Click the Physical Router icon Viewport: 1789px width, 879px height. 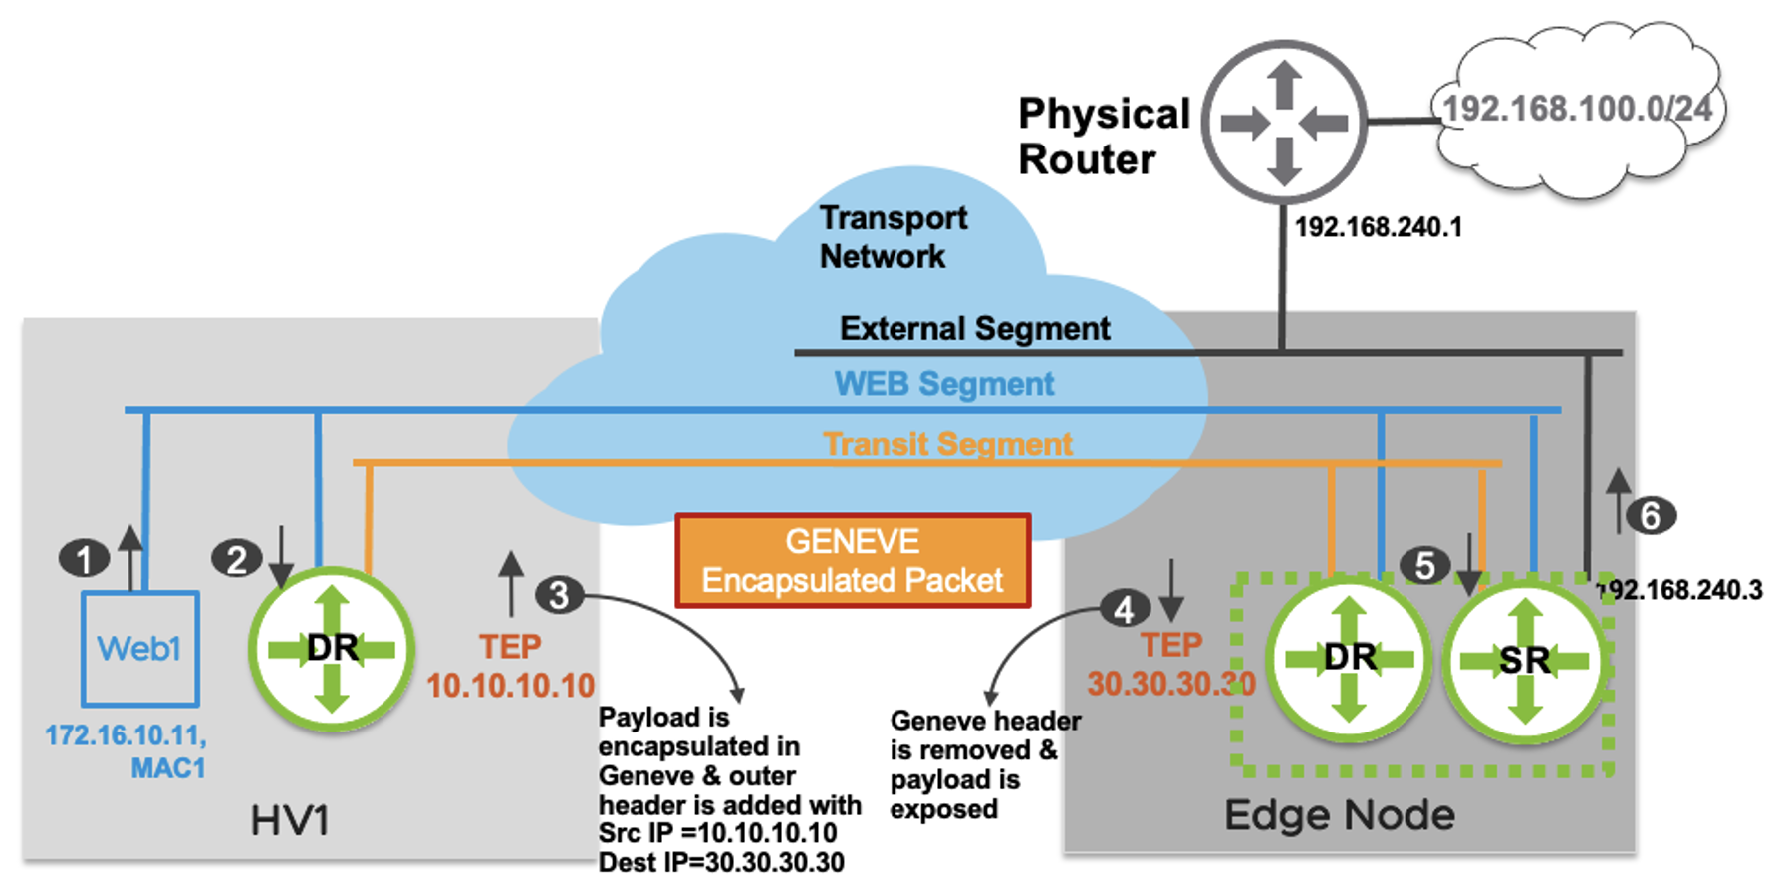tap(1284, 123)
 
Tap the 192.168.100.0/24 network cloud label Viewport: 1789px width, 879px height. tap(1577, 109)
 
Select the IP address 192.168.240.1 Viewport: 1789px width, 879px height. tap(1378, 228)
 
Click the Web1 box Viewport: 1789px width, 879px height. tap(139, 649)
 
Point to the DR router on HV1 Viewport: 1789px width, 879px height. tap(332, 649)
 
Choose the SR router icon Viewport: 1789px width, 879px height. tap(1524, 660)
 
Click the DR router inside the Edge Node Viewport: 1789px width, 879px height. tap(1349, 658)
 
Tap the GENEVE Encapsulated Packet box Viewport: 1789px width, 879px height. tap(853, 561)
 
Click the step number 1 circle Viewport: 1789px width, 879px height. tap(84, 559)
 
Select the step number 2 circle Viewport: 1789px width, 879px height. tap(236, 559)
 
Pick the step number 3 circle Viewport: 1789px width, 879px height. tap(559, 595)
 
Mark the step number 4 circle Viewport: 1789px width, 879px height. tap(1125, 609)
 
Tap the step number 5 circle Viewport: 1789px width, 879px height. tap(1424, 566)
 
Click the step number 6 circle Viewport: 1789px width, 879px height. tap(1651, 516)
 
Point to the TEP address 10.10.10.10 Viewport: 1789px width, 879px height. tap(510, 686)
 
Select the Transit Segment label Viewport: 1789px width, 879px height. tap(947, 443)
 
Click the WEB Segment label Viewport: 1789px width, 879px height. tap(943, 384)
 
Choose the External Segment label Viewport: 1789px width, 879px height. tap(974, 329)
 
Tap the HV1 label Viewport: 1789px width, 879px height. tap(290, 821)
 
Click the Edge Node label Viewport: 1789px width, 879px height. tap(1339, 816)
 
